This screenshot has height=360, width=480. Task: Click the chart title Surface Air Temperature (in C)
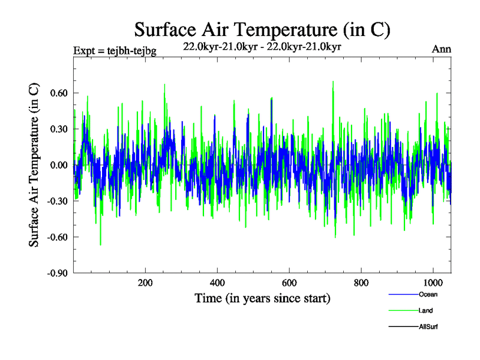pos(262,29)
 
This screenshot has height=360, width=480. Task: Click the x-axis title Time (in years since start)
pos(262,298)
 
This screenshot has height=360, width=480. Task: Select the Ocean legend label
pos(427,295)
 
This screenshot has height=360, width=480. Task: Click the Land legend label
pos(425,311)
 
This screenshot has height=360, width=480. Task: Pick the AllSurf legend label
pos(428,327)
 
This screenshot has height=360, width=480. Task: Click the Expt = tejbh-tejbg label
pos(115,51)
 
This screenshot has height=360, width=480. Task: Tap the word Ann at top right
pos(442,50)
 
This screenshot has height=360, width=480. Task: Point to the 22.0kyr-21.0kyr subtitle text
pos(262,47)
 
